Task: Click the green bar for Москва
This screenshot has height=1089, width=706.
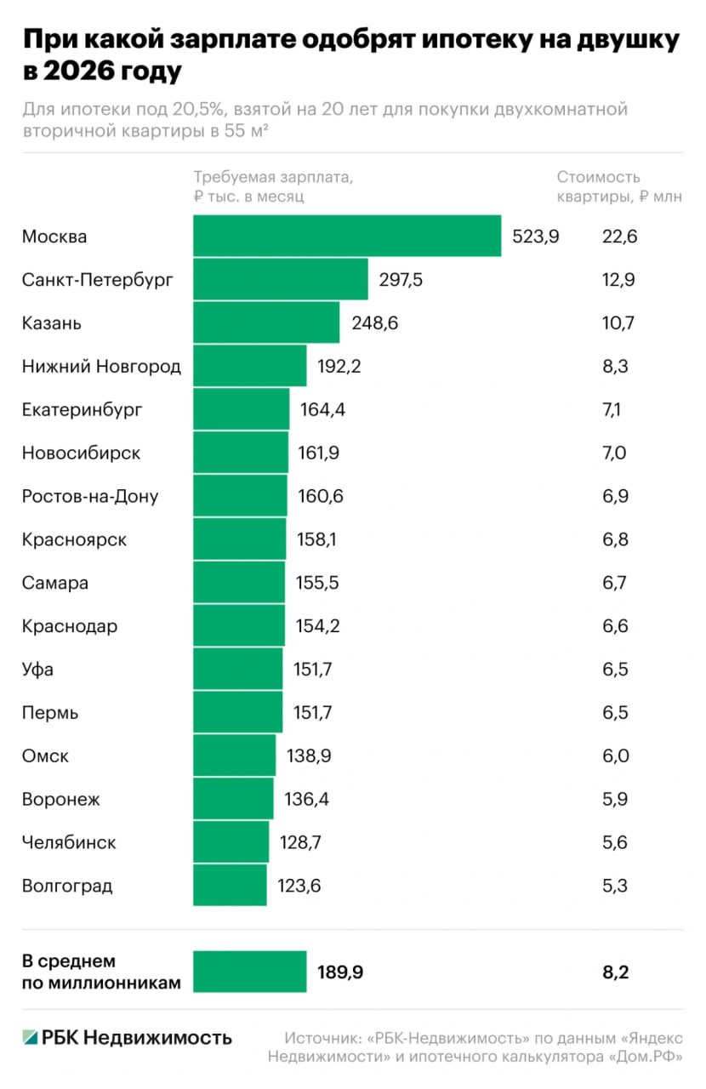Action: pos(347,236)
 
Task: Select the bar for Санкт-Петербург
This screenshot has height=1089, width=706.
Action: pos(281,279)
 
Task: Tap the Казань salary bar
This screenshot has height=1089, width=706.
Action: pos(266,322)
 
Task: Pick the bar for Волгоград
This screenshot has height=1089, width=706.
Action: pos(230,886)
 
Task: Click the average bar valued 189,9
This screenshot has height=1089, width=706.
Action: pos(249,972)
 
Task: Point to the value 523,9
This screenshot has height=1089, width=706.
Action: pos(535,237)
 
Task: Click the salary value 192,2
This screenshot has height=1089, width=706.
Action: pos(340,366)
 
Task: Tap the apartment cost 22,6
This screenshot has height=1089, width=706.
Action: pos(619,237)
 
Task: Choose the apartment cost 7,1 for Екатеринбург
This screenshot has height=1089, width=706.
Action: pos(612,409)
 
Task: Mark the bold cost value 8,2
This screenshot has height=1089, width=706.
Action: pos(615,972)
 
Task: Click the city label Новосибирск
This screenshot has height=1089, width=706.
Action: pos(82,453)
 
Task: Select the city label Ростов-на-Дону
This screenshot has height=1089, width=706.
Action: pos(90,496)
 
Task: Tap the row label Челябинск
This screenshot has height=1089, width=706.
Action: pos(69,843)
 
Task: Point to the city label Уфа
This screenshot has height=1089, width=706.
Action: pos(37,670)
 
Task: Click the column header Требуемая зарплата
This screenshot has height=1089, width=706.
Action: pos(272,178)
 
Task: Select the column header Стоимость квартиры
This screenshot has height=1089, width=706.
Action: pos(598,178)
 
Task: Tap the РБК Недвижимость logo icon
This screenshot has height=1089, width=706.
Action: pos(31,1037)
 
